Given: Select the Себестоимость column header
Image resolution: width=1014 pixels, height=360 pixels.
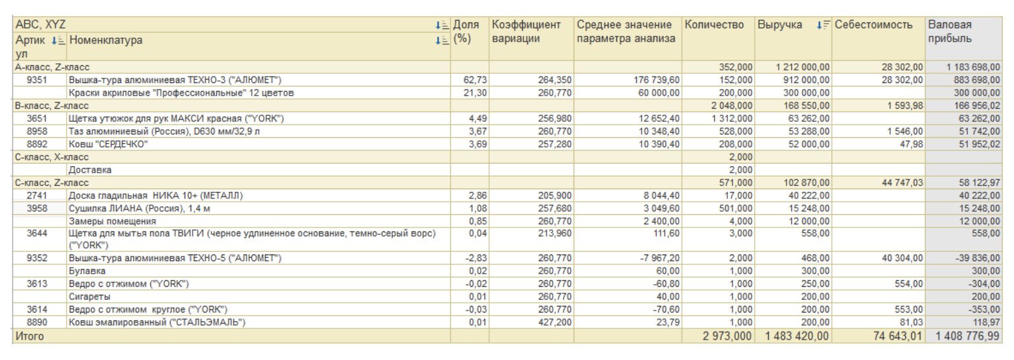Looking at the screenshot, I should pos(874,25).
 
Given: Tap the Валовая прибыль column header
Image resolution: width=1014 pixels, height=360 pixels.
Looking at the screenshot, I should pos(949,32).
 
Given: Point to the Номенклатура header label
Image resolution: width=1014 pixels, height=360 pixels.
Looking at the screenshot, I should pos(105,40).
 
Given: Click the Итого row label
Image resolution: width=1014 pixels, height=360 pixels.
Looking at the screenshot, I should pos(30,336).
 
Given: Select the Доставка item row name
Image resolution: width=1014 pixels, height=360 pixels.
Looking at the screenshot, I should pos(90,169).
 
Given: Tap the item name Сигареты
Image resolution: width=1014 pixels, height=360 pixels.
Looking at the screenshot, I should pos(90,297).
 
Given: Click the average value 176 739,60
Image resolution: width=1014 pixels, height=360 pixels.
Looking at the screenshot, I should pos(652,80).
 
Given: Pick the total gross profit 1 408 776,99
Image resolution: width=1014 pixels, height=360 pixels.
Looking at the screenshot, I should pos(967,336).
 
